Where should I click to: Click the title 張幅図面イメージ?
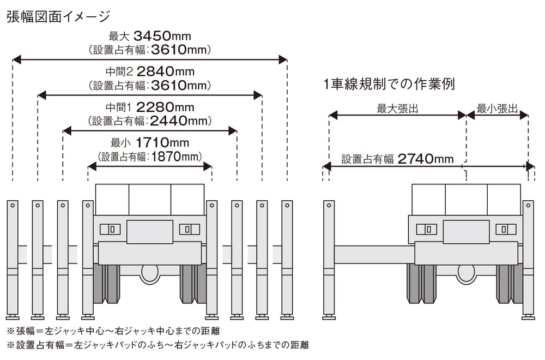[58, 16]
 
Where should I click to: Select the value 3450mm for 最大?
[162, 37]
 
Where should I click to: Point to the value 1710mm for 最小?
[162, 143]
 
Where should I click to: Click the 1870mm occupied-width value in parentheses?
[173, 157]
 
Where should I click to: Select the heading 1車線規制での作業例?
[389, 85]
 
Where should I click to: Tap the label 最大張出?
[397, 109]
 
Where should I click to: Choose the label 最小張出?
[497, 109]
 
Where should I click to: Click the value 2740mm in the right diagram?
[425, 159]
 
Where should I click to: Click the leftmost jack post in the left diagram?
[12, 259]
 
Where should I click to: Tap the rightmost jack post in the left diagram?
[287, 259]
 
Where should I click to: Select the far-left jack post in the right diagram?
[329, 259]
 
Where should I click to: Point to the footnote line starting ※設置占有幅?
[158, 345]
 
